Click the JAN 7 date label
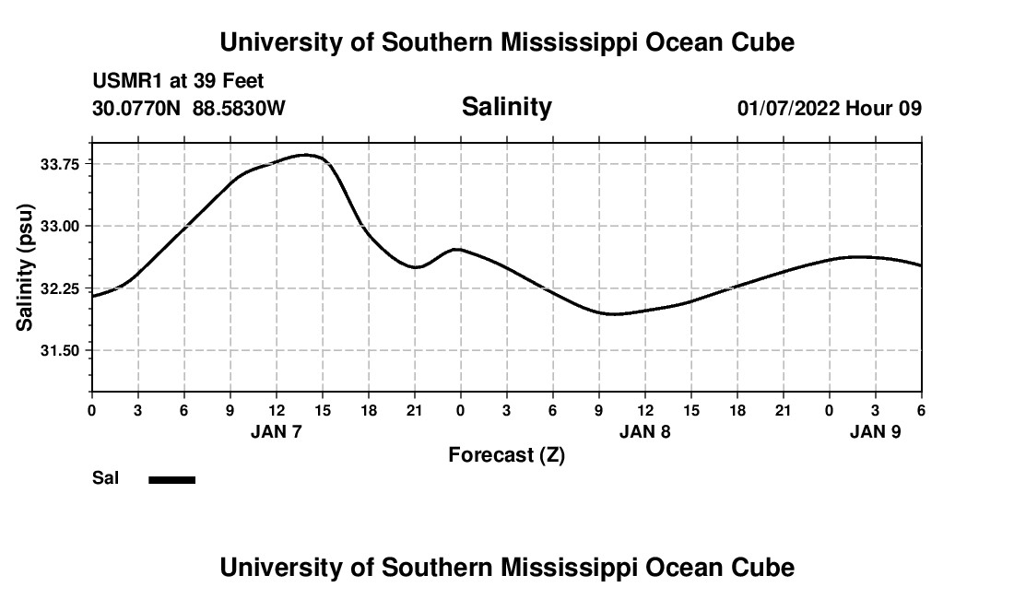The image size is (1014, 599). click(277, 431)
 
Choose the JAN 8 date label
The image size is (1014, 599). click(644, 431)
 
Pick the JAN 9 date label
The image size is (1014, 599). click(875, 431)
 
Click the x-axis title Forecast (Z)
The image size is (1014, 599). click(506, 455)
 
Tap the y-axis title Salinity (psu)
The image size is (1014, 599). click(25, 267)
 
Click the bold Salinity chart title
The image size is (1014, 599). click(506, 107)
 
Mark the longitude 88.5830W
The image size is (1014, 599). click(240, 109)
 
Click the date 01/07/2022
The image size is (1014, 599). click(788, 109)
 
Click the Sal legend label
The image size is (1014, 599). click(106, 478)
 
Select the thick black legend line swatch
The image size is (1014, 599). click(172, 479)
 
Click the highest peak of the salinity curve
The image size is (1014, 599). click(309, 155)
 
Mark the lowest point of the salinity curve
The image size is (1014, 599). click(613, 314)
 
